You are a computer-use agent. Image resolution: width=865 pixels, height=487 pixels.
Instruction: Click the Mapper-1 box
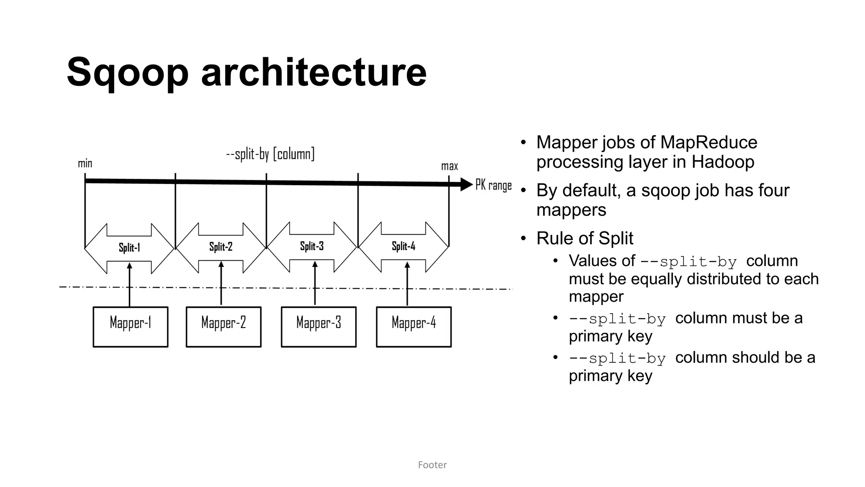[131, 327]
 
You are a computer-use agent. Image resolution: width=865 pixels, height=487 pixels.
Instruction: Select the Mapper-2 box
[223, 327]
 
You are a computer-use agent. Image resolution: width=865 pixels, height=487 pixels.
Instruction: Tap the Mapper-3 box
[318, 327]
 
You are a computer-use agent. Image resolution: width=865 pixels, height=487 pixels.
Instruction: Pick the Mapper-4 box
[413, 327]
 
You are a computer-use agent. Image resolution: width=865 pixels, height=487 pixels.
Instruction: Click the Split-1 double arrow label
[129, 248]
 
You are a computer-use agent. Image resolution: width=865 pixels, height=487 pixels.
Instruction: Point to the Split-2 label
[221, 247]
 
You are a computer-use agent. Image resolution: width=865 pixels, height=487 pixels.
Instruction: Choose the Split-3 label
[312, 246]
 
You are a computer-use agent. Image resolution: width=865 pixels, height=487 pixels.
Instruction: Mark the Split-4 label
[403, 246]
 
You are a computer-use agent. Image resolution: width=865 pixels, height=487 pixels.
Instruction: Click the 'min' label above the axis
[85, 164]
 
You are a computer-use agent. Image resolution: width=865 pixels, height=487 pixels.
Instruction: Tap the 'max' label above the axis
[449, 166]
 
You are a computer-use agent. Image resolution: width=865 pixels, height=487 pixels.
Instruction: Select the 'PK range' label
[493, 185]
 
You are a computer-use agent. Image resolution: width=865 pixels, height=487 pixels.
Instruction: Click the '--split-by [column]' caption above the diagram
[270, 154]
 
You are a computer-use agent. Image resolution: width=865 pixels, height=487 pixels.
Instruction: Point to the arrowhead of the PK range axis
[466, 184]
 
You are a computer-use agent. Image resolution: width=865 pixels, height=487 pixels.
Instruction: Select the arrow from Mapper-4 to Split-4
[407, 283]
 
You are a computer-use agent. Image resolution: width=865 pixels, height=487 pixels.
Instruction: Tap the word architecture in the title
[314, 73]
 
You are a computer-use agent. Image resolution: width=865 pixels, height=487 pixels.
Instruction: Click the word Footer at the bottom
[432, 465]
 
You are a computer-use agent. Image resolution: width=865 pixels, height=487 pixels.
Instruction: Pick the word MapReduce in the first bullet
[708, 142]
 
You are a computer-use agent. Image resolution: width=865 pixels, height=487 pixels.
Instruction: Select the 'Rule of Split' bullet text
[585, 238]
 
